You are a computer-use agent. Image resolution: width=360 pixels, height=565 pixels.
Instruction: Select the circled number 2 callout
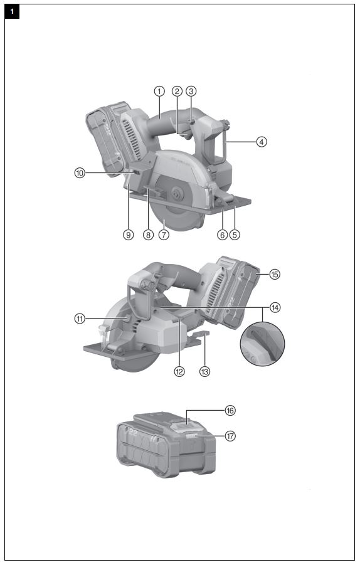177,91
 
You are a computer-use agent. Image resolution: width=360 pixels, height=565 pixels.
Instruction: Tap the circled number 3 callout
192,91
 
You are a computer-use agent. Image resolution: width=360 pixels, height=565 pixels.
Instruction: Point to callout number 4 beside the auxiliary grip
262,142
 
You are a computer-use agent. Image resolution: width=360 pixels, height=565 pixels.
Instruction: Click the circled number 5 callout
235,235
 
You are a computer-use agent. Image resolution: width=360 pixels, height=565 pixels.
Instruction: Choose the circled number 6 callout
221,235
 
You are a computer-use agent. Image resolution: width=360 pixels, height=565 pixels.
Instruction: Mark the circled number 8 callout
148,235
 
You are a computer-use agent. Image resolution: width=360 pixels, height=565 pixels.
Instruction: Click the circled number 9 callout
129,235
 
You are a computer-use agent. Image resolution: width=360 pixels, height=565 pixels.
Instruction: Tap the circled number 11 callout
79,319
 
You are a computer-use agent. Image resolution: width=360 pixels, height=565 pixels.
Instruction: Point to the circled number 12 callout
179,371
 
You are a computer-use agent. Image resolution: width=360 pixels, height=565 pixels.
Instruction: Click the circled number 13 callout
204,371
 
